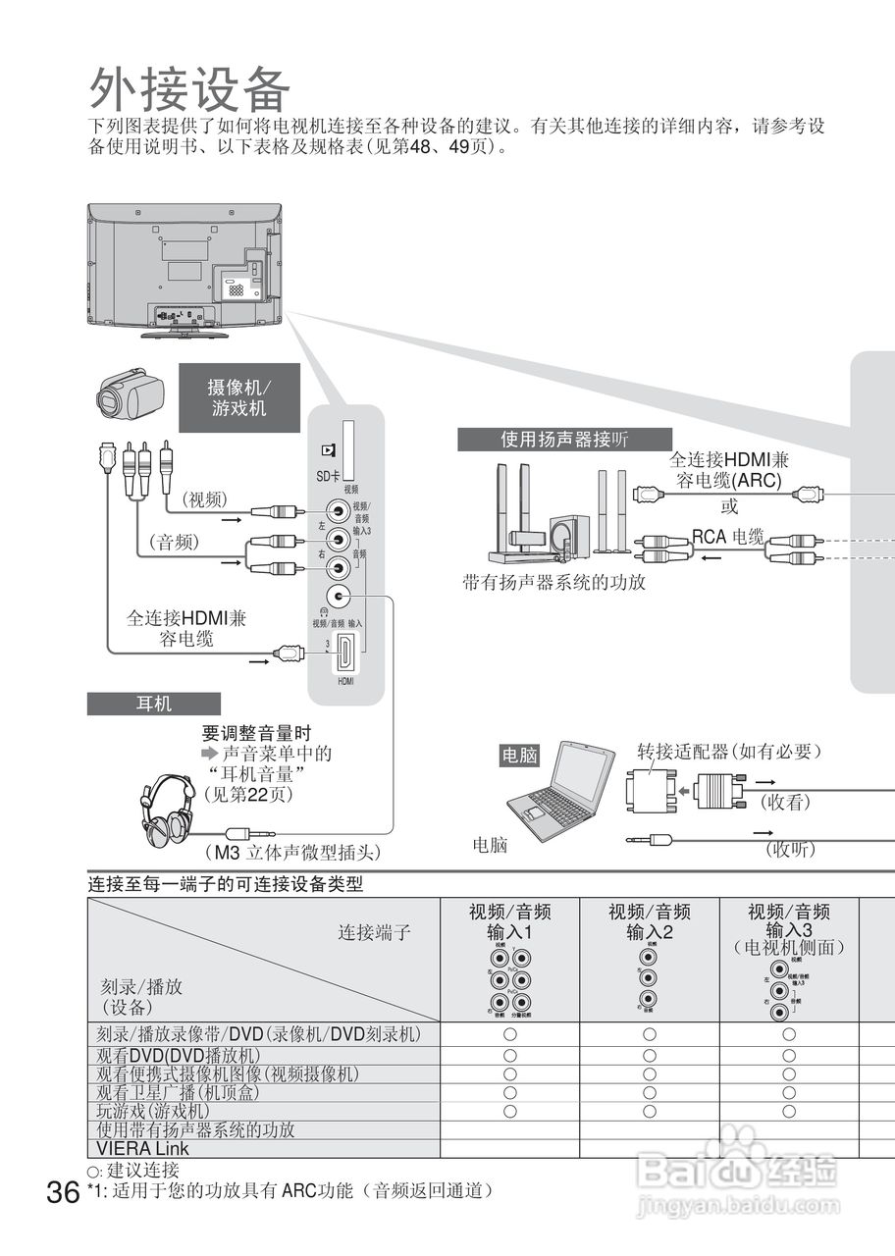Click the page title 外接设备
(x=189, y=89)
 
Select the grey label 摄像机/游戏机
(x=238, y=397)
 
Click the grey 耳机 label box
(x=153, y=704)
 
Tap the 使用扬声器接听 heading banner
(x=564, y=440)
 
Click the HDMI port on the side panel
(x=345, y=654)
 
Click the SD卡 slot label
(x=328, y=476)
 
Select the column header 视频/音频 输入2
(x=650, y=921)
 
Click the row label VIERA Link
(x=143, y=1148)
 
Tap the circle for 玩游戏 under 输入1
(x=510, y=1111)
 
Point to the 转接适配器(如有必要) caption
(x=728, y=752)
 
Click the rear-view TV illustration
(x=184, y=269)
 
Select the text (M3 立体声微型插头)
(x=292, y=851)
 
